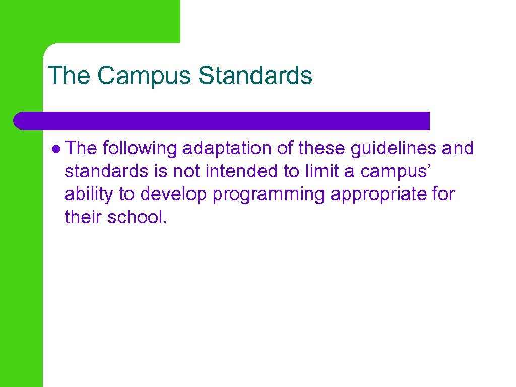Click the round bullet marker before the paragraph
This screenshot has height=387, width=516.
[56, 149]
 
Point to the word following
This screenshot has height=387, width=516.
[140, 149]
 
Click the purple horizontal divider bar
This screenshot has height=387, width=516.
[222, 121]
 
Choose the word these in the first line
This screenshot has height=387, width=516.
[321, 149]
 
